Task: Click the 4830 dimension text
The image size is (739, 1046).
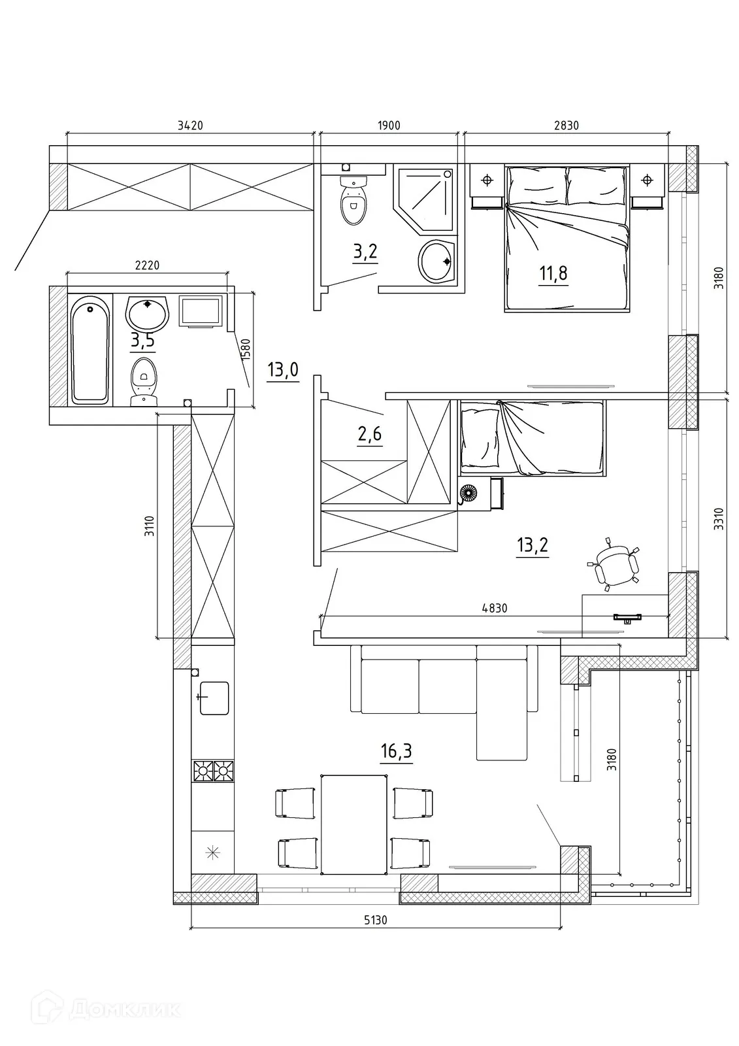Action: click(x=495, y=608)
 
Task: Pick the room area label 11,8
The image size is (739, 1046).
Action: click(x=553, y=273)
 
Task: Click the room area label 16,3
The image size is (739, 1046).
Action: click(x=397, y=751)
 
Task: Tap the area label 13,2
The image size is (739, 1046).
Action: click(x=533, y=545)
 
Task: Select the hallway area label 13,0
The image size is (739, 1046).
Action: click(x=283, y=370)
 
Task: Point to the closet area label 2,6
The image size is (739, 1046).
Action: click(x=370, y=434)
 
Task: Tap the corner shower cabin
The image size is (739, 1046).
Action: click(x=424, y=199)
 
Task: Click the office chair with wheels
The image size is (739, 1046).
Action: click(x=614, y=565)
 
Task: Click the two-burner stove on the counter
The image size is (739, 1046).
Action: click(x=213, y=771)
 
